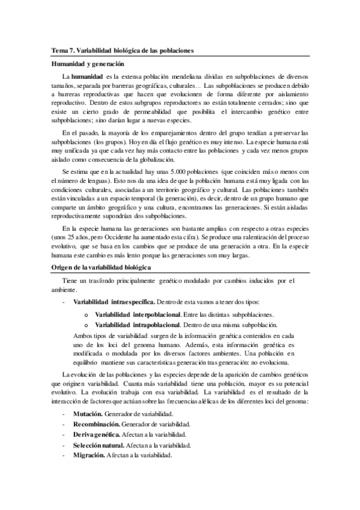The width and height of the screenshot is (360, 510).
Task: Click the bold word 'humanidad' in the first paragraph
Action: pos(87,77)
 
